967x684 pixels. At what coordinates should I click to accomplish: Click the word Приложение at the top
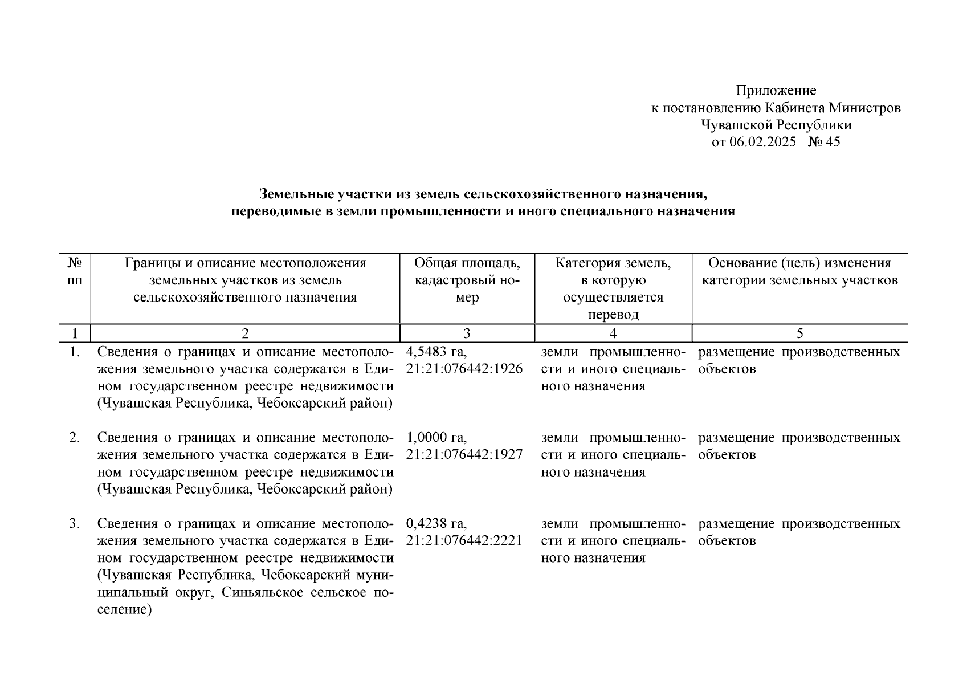click(776, 91)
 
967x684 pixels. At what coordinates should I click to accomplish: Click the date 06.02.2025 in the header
click(762, 142)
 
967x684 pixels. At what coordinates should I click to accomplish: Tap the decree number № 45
click(824, 142)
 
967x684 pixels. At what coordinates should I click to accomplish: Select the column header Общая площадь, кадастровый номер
click(467, 280)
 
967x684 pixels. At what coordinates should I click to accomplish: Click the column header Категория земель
click(613, 263)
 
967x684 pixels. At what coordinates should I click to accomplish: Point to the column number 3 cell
click(467, 333)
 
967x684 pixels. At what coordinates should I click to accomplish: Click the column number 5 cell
click(799, 333)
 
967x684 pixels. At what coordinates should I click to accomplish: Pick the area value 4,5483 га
click(436, 352)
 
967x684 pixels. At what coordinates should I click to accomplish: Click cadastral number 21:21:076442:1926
click(464, 369)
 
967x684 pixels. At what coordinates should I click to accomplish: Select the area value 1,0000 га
click(436, 438)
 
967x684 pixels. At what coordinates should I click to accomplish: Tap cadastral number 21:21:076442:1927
click(464, 455)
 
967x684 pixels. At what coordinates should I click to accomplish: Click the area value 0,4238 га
click(436, 524)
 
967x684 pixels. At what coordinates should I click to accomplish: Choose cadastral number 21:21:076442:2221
click(464, 541)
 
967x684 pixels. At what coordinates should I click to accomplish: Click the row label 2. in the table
click(75, 438)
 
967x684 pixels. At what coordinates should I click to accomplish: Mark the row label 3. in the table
click(75, 524)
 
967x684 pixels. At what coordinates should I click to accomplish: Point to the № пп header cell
click(75, 272)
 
